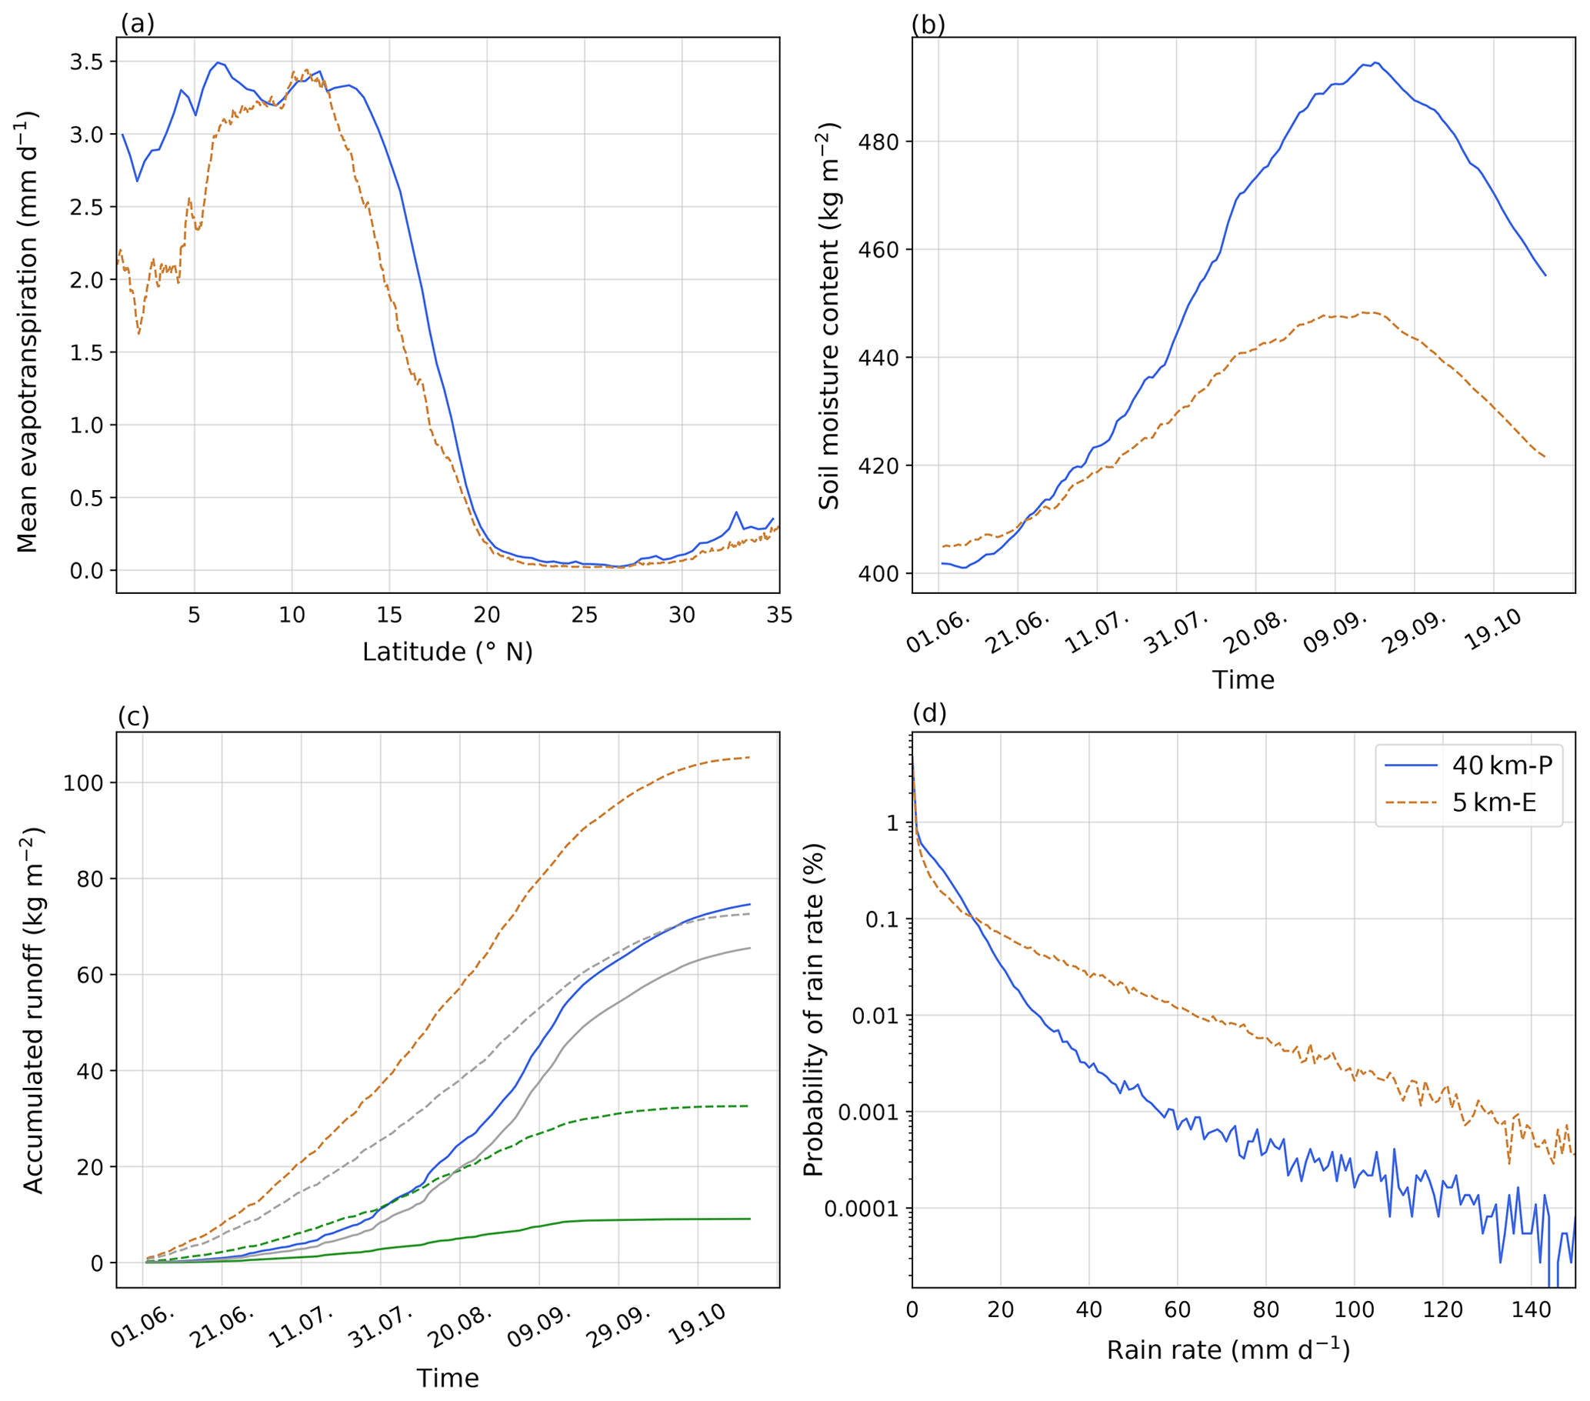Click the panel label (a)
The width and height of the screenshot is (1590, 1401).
[138, 24]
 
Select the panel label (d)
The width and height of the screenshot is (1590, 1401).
[928, 712]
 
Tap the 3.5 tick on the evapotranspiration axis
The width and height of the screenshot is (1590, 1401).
[87, 62]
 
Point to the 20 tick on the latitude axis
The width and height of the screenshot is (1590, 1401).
[487, 615]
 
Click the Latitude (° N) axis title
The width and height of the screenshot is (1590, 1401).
[447, 652]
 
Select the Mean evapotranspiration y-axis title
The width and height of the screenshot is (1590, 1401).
[28, 332]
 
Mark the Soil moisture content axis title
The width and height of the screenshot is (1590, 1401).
[829, 316]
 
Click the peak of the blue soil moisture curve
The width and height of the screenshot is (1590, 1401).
[1375, 62]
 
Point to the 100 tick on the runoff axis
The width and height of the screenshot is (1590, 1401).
[83, 782]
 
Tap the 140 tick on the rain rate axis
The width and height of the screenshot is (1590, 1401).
[1531, 1310]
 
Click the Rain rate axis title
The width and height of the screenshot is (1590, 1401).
[1228, 1349]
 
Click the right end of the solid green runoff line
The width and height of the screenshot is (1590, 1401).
[749, 1219]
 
